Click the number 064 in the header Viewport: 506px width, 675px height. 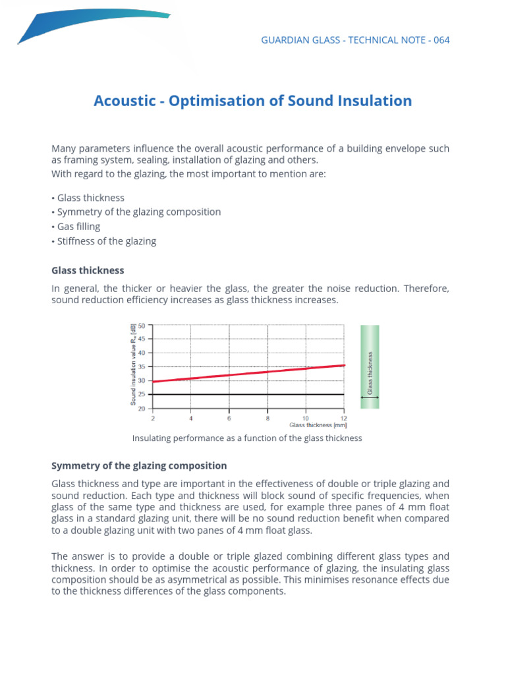(x=441, y=40)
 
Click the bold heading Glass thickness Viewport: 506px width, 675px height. (x=88, y=270)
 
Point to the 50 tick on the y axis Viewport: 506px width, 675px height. (x=142, y=326)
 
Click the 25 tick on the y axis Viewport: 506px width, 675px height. (x=142, y=394)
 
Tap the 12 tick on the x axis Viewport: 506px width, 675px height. (x=343, y=418)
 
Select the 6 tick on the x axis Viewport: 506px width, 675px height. (x=229, y=418)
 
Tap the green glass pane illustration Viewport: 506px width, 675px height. (x=370, y=366)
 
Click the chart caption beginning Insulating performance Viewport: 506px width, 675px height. (x=247, y=438)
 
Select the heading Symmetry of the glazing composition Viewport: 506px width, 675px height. (x=139, y=465)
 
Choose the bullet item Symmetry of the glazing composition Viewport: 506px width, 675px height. (x=138, y=212)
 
